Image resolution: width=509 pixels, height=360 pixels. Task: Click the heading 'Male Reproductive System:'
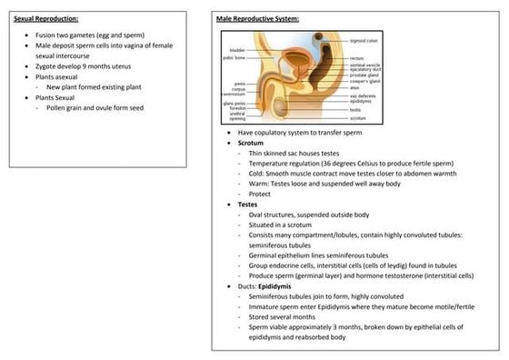pos(258,18)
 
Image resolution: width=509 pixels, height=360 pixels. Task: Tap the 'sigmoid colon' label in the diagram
pos(364,41)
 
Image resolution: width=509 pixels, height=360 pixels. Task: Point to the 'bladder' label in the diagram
pos(237,50)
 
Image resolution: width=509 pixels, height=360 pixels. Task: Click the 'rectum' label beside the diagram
pos(356,57)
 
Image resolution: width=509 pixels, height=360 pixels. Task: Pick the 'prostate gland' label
pos(364,75)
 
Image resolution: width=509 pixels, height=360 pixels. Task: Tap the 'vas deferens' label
pos(363,95)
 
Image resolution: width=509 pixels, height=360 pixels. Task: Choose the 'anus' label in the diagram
pos(355,87)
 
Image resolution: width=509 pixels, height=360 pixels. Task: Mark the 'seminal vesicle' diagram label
pos(365,65)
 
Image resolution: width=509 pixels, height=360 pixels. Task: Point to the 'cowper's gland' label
pos(364,81)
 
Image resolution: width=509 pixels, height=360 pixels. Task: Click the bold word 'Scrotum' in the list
pos(251,143)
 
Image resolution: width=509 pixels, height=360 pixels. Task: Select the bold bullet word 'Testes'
pos(248,205)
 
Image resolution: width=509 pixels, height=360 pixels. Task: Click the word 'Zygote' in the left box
pos(46,67)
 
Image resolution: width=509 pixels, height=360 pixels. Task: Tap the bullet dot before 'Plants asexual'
pos(27,77)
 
